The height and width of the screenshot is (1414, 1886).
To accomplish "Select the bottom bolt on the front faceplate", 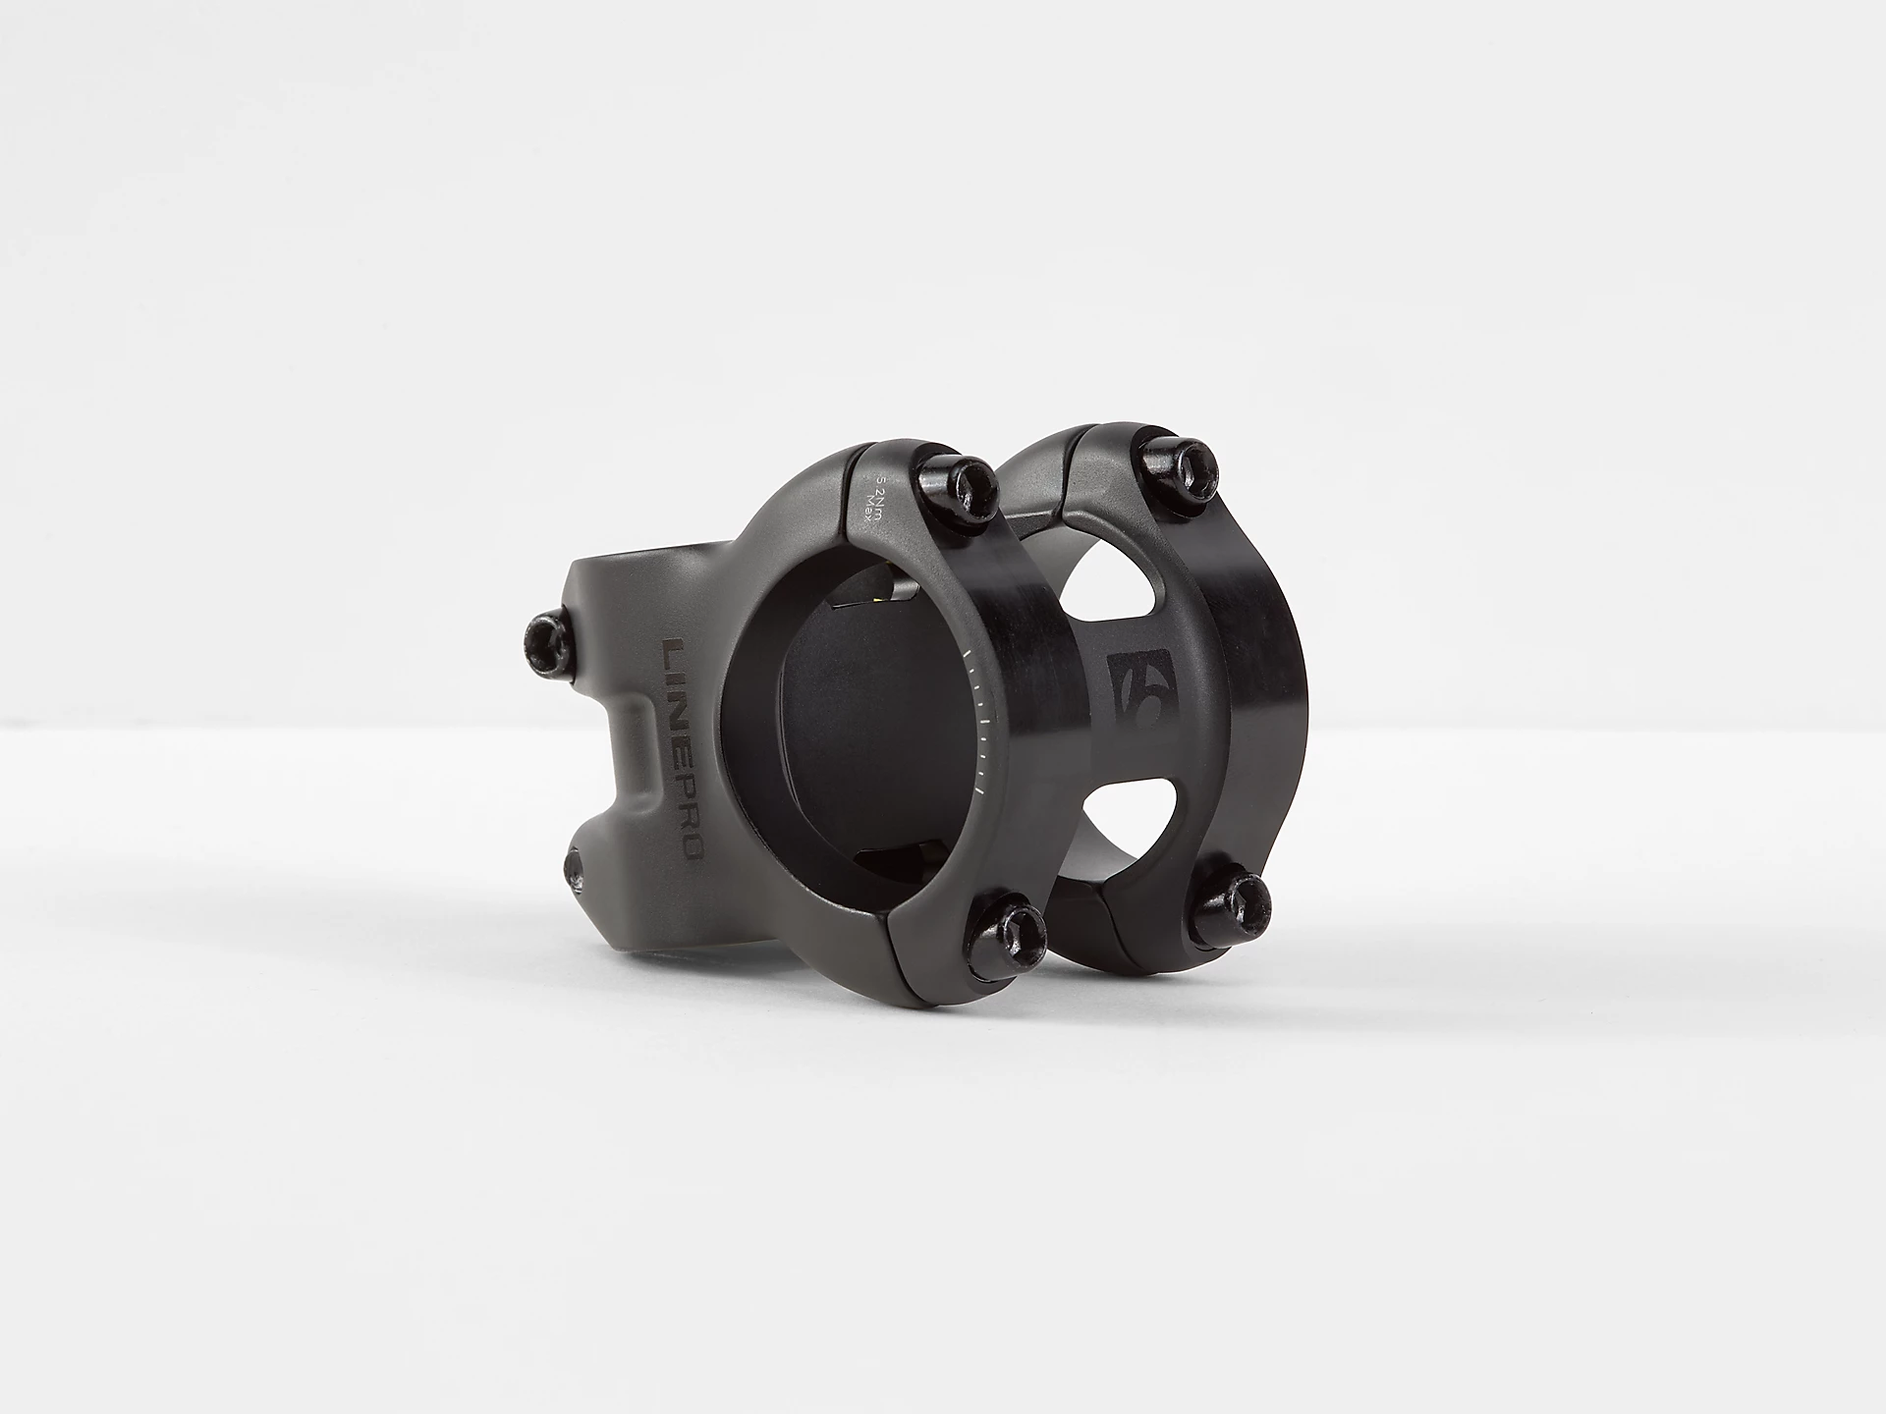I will click(x=1015, y=932).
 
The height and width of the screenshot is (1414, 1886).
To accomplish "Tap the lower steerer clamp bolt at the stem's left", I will click(x=576, y=868).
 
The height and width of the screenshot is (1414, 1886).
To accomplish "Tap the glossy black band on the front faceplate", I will click(x=1022, y=707).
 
